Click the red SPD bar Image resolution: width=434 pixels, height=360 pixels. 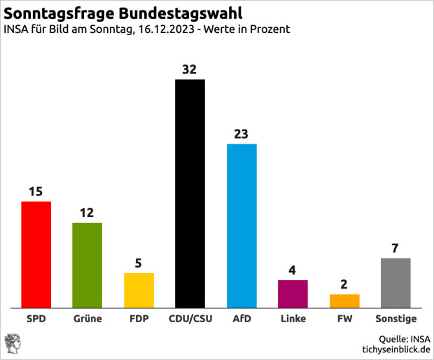point(36,255)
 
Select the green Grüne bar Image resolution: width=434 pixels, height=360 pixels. point(87,265)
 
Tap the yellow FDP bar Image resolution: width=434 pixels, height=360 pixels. point(139,291)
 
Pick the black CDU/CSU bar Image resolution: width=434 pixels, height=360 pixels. point(190,194)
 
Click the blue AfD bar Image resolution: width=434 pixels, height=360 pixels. point(241,226)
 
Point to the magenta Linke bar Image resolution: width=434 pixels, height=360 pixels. point(293,294)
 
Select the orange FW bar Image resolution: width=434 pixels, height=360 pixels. point(344,301)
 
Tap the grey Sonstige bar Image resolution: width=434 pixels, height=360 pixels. point(395,283)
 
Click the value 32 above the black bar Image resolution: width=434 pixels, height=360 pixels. point(190,69)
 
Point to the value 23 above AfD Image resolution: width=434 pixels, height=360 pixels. point(241,134)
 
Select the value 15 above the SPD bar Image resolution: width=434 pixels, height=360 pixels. point(36,191)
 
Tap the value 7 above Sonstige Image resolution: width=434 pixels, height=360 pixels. point(395,248)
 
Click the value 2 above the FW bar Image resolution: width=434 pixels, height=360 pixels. point(344,284)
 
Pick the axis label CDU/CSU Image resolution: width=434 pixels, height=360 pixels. point(190,319)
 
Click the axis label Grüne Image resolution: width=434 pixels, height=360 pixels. point(87,319)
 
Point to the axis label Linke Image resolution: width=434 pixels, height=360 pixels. point(293,319)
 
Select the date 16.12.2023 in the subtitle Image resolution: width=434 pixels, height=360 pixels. point(164,30)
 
